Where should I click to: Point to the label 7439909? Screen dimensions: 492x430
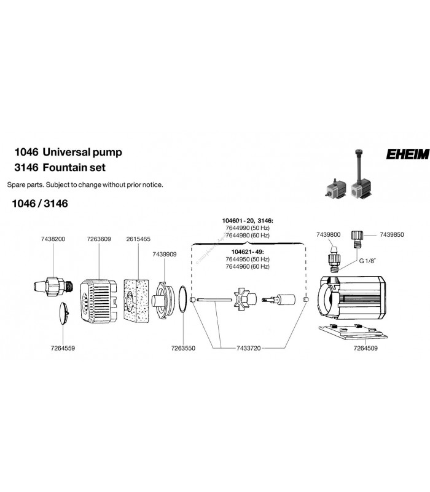(x=164, y=253)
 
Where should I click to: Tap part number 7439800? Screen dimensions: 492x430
(x=327, y=234)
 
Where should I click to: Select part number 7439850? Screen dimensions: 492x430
(x=393, y=234)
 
